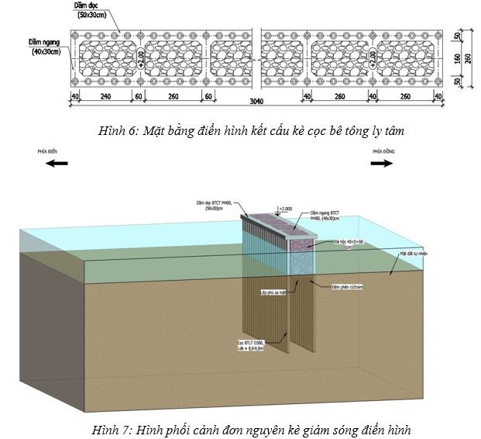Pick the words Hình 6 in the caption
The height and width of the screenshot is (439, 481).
(x=116, y=132)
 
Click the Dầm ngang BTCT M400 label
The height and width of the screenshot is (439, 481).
(x=326, y=215)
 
